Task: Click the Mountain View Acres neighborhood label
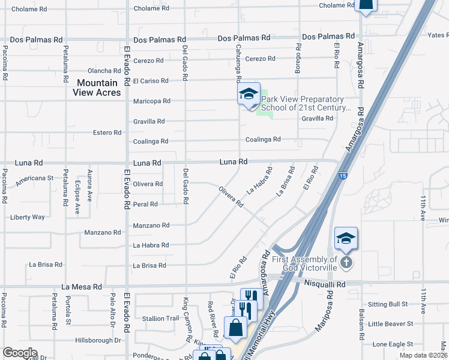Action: tap(97, 87)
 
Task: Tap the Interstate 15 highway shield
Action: tap(342, 176)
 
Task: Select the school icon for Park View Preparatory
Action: tap(249, 95)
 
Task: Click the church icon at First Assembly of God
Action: tap(346, 263)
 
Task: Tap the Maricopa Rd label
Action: tap(152, 101)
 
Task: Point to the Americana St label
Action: tap(35, 178)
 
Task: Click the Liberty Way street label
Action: tap(27, 217)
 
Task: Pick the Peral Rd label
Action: tap(145, 204)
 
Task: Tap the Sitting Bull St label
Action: tap(390, 305)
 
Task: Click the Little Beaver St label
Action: tap(391, 324)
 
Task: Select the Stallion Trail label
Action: tap(160, 318)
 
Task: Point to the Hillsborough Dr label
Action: tap(98, 340)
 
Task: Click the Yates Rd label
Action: tap(437, 35)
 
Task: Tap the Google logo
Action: tap(19, 353)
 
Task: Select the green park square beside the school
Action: tap(262, 110)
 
